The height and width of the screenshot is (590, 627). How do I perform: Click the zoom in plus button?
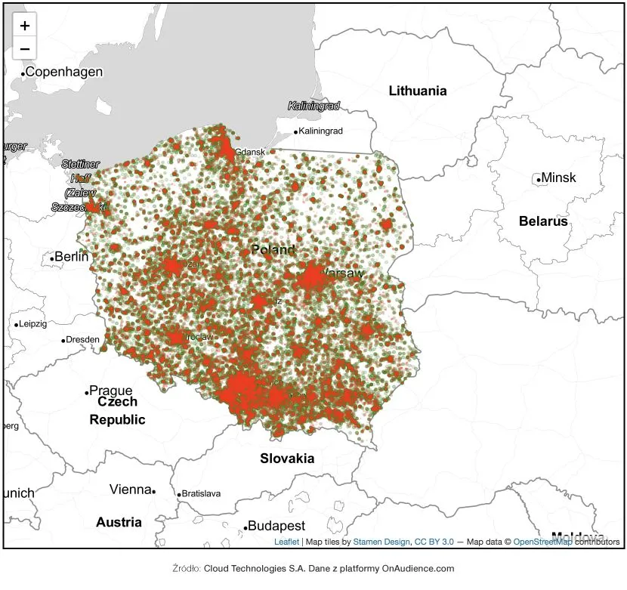click(x=25, y=26)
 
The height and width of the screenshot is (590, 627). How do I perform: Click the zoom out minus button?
click(x=25, y=48)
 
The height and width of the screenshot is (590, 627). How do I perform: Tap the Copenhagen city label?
click(x=64, y=72)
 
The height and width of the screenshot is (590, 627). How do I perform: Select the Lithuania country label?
click(x=418, y=91)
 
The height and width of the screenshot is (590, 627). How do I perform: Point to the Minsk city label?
click(x=559, y=178)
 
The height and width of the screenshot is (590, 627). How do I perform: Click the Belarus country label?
click(x=543, y=221)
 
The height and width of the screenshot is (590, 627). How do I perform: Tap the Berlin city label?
click(x=72, y=257)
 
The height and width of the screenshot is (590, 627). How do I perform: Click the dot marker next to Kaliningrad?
click(x=295, y=131)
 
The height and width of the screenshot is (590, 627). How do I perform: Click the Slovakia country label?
click(x=287, y=458)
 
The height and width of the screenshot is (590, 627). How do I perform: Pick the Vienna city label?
click(x=130, y=490)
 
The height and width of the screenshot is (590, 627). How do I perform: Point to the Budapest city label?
click(x=276, y=526)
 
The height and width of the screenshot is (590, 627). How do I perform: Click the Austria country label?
click(x=119, y=522)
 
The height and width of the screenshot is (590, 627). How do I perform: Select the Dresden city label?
click(x=83, y=340)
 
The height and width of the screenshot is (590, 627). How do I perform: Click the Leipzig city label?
click(x=33, y=324)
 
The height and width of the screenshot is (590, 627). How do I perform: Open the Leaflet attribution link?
click(x=286, y=542)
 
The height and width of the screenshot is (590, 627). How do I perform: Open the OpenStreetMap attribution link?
click(x=542, y=542)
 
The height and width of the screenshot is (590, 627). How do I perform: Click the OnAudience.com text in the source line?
click(x=418, y=568)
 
